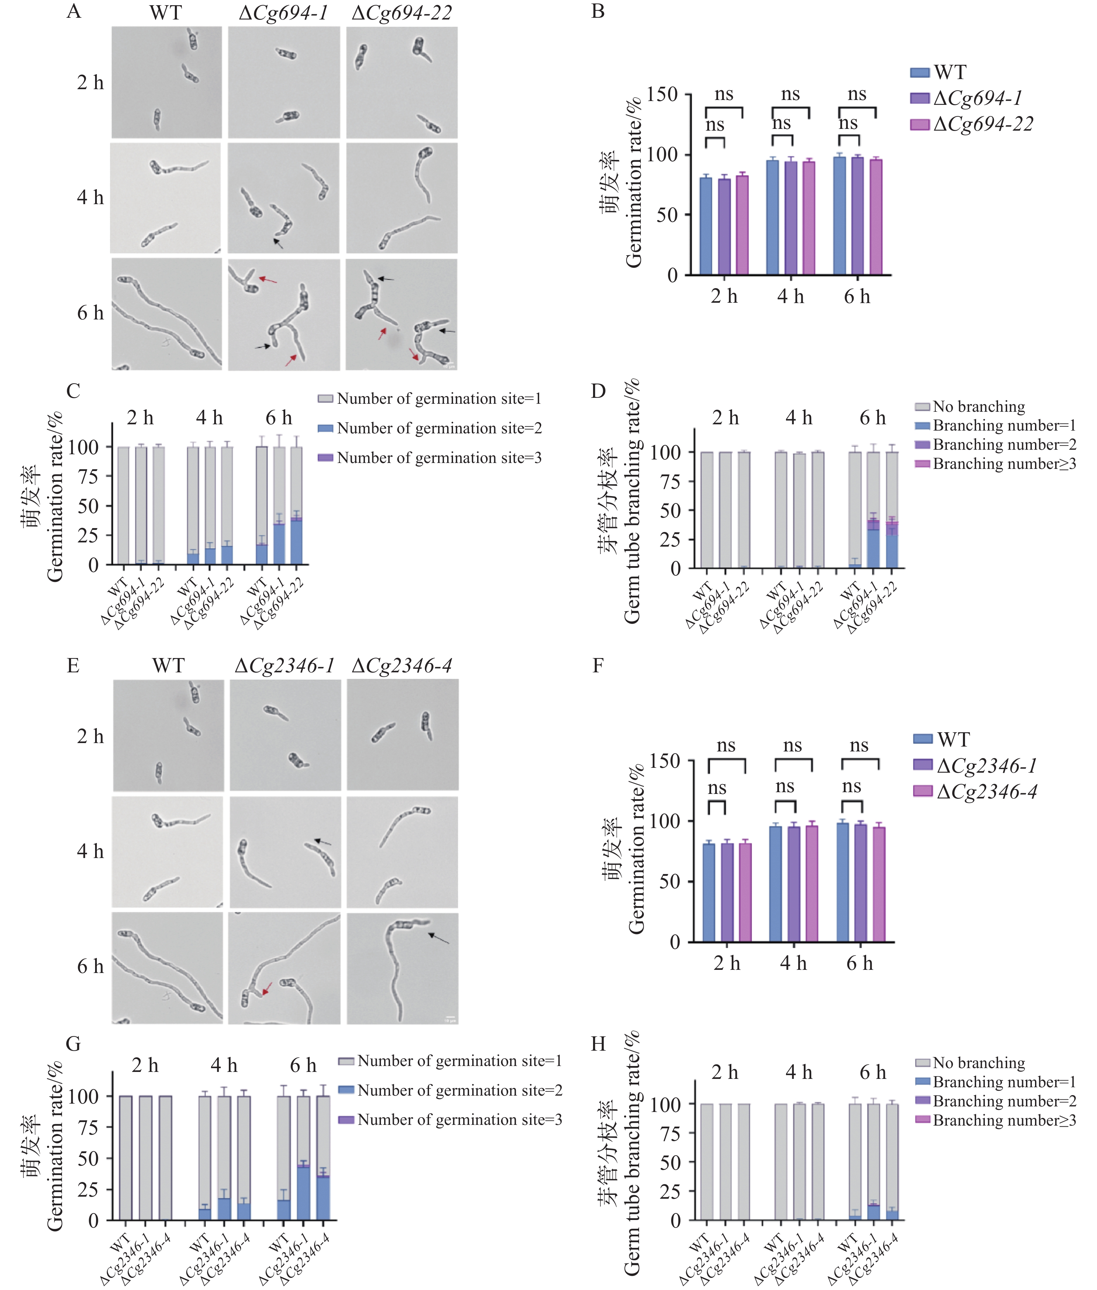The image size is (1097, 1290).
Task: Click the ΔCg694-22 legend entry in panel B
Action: click(982, 124)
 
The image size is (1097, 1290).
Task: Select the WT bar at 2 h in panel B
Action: click(706, 226)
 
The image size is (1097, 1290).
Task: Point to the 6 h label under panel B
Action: click(857, 297)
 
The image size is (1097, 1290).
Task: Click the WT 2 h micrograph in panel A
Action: click(167, 82)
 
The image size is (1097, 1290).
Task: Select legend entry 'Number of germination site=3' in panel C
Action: click(438, 458)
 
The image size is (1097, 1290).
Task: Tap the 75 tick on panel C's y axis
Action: click(88, 477)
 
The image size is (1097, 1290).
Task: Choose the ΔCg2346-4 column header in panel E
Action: click(402, 666)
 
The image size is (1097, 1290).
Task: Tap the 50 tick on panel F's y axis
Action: click(669, 881)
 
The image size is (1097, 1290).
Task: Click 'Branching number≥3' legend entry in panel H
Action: click(1004, 1120)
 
